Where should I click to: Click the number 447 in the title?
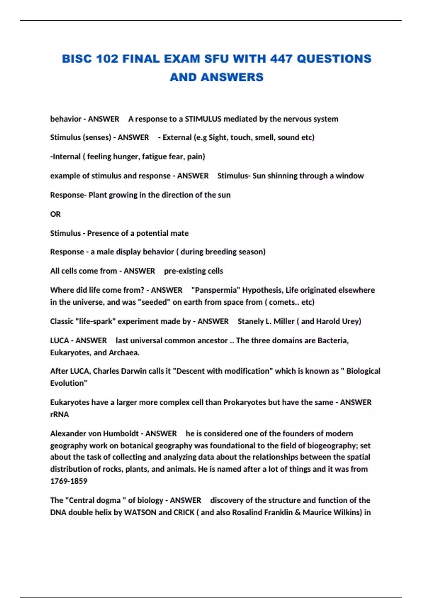(281, 58)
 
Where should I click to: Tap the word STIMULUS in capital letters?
(203, 119)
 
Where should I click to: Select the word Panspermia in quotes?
(215, 290)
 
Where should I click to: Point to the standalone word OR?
(55, 214)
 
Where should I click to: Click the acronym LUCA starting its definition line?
(59, 341)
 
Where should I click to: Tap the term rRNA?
(59, 414)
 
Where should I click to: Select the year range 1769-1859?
(69, 481)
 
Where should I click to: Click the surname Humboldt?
(120, 433)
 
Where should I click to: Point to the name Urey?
(350, 321)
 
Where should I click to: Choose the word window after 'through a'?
(350, 176)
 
